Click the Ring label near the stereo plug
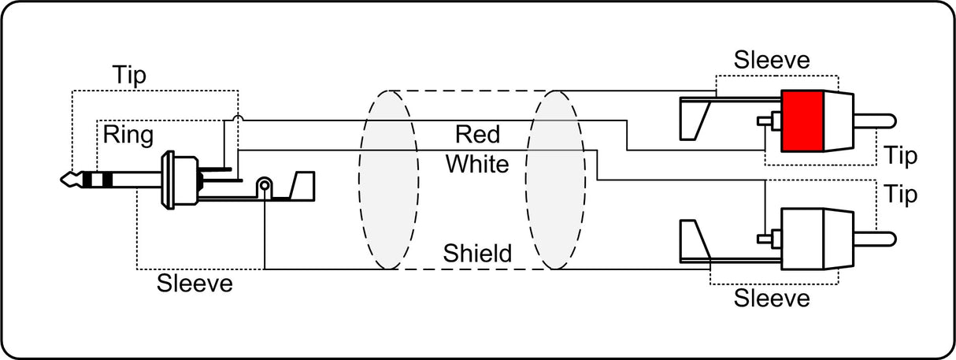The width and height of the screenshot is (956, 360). [128, 135]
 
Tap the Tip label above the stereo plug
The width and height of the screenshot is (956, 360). [129, 76]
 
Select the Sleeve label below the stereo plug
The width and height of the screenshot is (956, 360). [195, 283]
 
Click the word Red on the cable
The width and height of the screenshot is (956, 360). [477, 135]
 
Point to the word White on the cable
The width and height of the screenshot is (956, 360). [477, 164]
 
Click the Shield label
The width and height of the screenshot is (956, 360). [477, 253]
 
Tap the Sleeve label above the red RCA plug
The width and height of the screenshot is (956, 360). [772, 60]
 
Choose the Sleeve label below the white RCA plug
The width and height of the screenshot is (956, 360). [772, 298]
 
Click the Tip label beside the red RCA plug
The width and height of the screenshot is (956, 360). [900, 156]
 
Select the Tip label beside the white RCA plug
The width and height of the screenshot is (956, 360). [900, 195]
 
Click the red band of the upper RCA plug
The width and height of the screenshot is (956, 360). [802, 121]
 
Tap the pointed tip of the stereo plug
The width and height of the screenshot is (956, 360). [62, 180]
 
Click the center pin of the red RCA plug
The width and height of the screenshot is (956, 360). [875, 121]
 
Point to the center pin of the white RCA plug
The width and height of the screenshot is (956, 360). [875, 239]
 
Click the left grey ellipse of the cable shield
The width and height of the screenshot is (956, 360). [388, 180]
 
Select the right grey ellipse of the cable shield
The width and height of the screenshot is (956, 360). [555, 180]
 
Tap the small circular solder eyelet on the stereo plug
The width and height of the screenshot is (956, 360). [265, 185]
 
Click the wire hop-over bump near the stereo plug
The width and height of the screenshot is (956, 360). [238, 118]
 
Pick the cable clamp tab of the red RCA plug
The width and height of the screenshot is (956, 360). [695, 120]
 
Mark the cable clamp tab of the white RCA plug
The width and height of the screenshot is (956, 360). [695, 240]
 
